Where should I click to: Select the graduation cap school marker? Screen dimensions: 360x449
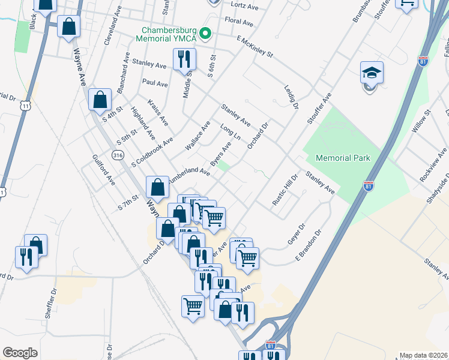coord(372,73)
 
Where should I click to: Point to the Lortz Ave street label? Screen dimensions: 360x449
coord(244,7)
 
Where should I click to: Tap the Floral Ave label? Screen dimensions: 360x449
coord(239,21)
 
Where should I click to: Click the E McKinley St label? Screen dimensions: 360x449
coord(255,47)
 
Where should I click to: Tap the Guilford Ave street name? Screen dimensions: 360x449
coord(103,169)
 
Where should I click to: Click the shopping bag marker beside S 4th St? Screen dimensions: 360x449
coord(100,100)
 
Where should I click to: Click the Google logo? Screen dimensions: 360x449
coord(20,353)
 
